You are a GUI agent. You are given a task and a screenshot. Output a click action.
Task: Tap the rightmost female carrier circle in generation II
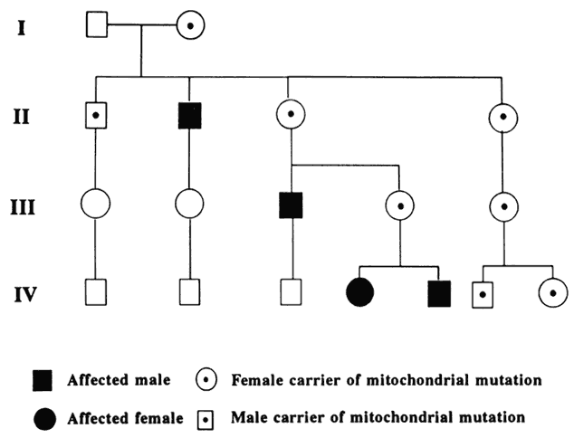pyautogui.click(x=501, y=117)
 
